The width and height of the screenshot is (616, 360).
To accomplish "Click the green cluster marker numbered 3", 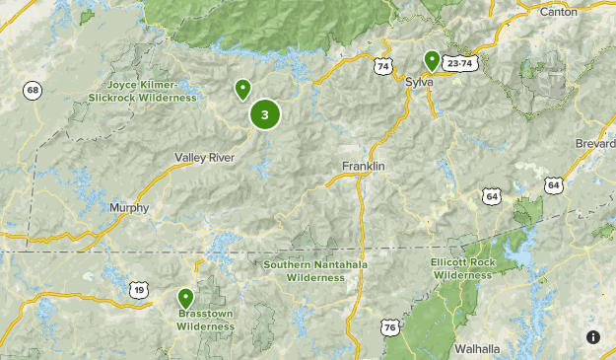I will (x=264, y=114).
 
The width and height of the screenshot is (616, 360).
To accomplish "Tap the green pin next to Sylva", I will (x=431, y=62).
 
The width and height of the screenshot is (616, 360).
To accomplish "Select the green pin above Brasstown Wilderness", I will (x=185, y=297).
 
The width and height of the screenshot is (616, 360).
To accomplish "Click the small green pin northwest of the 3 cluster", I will (x=242, y=91).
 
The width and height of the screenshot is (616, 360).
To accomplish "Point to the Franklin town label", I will (x=363, y=166).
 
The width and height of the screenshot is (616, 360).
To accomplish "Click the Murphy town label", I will (x=129, y=208).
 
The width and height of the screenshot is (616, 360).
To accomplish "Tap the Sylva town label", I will (x=419, y=82).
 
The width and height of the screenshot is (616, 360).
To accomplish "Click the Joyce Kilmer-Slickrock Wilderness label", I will (x=143, y=92).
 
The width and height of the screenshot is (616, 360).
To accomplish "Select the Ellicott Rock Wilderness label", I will (x=460, y=268).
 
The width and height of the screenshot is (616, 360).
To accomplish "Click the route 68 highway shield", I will (x=34, y=91).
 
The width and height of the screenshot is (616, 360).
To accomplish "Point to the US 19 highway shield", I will (x=139, y=289).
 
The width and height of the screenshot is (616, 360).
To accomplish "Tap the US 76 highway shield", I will (x=390, y=326).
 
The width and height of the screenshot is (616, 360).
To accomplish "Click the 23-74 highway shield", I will (x=459, y=63).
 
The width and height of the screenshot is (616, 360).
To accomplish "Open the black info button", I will (x=593, y=337).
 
